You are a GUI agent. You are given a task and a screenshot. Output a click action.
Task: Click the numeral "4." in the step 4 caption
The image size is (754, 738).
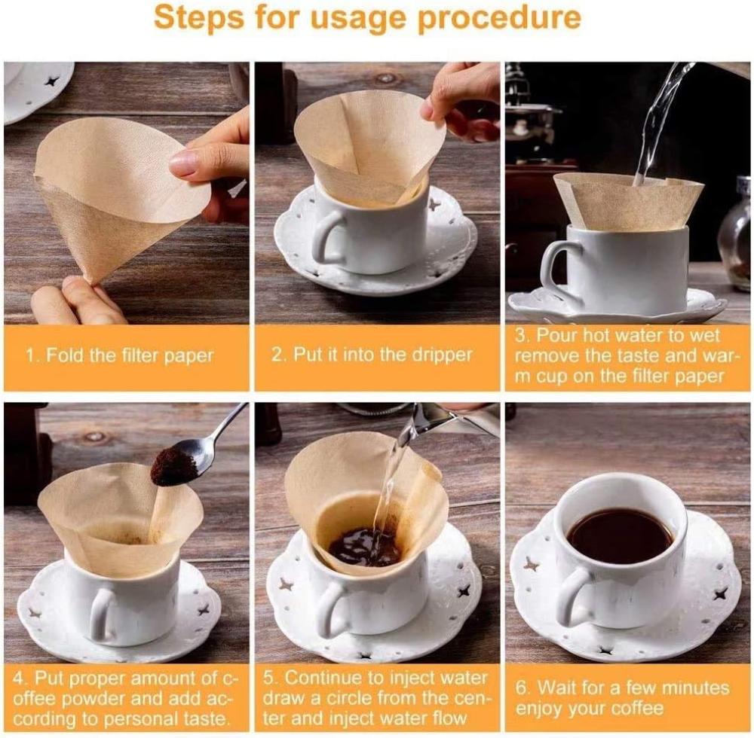[x=20, y=679]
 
